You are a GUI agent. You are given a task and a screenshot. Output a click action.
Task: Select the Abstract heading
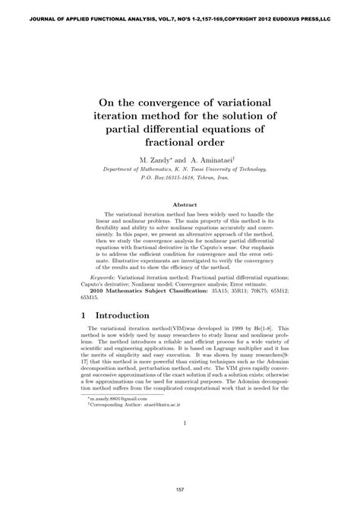click(x=185, y=205)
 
